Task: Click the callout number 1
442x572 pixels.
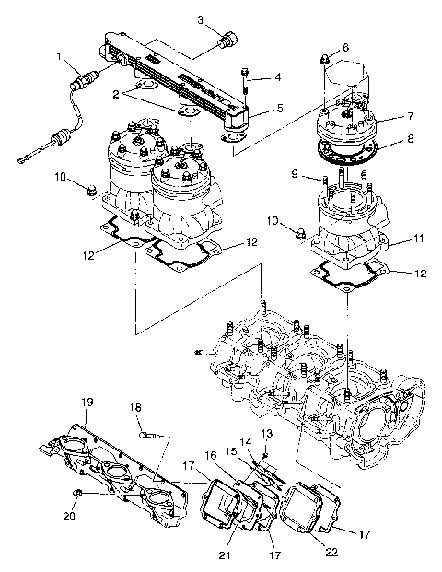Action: pyautogui.click(x=60, y=57)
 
